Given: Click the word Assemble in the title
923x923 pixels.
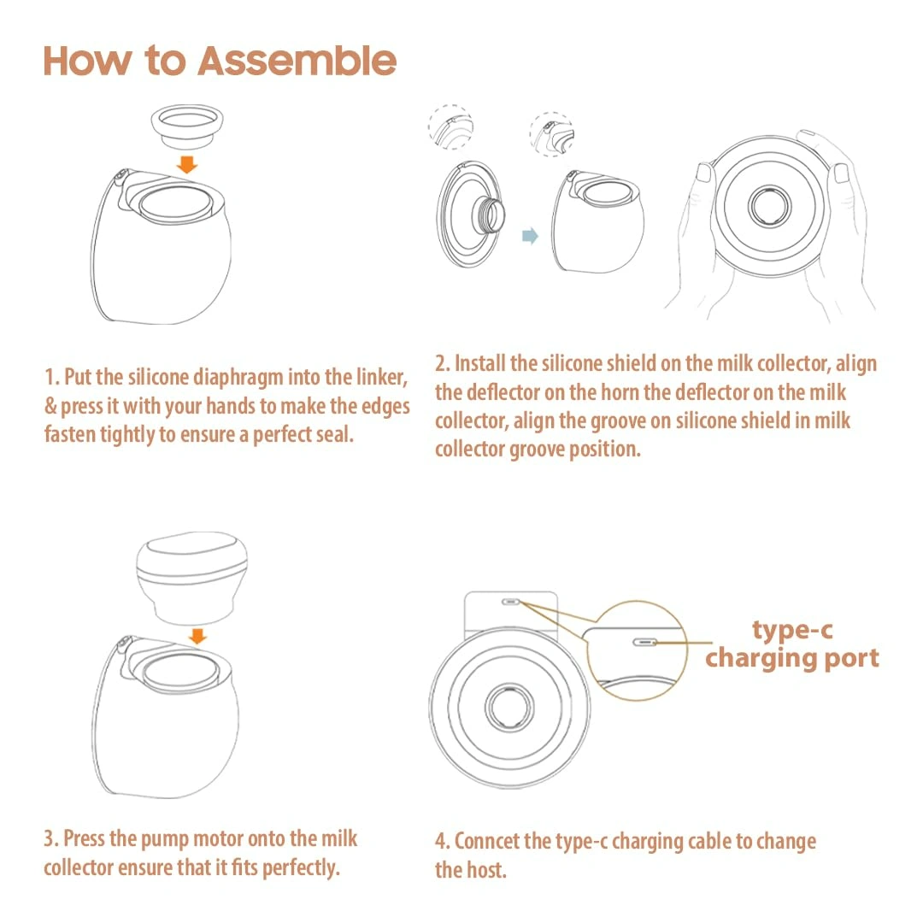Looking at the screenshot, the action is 297,62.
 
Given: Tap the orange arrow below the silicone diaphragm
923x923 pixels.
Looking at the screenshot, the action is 187,164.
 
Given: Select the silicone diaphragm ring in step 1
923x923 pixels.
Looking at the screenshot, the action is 187,126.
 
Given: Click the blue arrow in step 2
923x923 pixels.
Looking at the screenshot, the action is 531,236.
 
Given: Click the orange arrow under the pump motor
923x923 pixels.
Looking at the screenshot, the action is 197,637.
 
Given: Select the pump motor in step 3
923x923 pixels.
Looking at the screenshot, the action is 192,578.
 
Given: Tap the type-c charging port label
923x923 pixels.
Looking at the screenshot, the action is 792,644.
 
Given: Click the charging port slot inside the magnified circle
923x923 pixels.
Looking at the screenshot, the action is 644,642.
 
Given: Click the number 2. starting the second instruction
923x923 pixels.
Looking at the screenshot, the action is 443,364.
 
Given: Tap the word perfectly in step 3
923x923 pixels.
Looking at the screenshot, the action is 301,867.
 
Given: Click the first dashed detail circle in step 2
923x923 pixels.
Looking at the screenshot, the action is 451,127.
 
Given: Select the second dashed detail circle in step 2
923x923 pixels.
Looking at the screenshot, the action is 552,134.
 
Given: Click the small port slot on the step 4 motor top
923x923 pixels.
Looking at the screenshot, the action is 511,603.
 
